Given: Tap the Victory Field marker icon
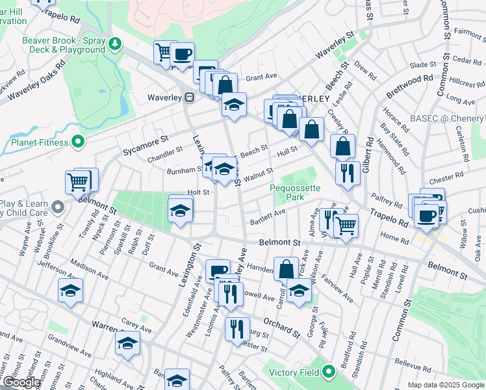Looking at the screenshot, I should click(x=329, y=372).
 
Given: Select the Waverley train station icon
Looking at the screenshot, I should click(x=189, y=97).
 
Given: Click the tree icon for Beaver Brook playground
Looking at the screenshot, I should click(x=116, y=44).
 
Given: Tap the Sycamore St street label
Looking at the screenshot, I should click(x=146, y=146).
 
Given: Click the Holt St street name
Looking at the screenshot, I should click(x=198, y=192).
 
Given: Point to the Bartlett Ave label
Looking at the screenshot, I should click(x=268, y=216).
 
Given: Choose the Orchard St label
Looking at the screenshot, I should click(x=282, y=327).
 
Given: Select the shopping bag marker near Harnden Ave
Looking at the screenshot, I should click(x=286, y=268).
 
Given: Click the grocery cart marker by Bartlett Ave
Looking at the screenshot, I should click(x=346, y=225).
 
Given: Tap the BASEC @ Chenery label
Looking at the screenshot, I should click(x=447, y=120).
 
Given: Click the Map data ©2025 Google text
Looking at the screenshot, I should click(x=445, y=385).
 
